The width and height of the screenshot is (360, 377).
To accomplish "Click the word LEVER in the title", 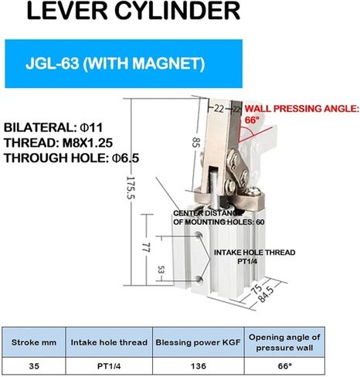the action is (67, 11).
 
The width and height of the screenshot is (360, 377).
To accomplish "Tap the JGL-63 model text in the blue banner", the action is (53, 63).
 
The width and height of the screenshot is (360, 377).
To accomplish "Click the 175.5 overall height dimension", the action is (131, 187).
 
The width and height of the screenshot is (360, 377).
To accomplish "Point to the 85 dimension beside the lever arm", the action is (196, 142).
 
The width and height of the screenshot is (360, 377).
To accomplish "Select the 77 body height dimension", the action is (146, 247).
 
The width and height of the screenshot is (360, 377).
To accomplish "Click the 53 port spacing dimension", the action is (161, 270).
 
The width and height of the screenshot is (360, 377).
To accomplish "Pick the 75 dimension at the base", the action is (256, 290).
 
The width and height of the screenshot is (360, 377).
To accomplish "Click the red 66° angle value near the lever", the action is (252, 120).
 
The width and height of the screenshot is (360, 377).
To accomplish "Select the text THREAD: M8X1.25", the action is (59, 143).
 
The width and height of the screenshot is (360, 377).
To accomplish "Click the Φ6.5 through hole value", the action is (125, 158).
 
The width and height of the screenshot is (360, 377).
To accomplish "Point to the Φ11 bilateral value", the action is (91, 127).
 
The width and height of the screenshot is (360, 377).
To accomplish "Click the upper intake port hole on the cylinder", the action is (199, 234).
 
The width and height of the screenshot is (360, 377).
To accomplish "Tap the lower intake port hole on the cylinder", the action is (199, 279).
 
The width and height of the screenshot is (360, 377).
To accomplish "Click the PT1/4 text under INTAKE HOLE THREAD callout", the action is (247, 261).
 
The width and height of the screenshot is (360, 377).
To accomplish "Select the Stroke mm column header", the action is (34, 342).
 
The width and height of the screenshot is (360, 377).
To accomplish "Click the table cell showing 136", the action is (199, 366).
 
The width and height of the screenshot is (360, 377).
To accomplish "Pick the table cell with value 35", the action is (34, 366).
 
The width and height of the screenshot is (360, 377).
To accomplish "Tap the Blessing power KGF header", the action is (198, 342).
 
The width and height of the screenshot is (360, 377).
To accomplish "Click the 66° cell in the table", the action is (284, 366).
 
